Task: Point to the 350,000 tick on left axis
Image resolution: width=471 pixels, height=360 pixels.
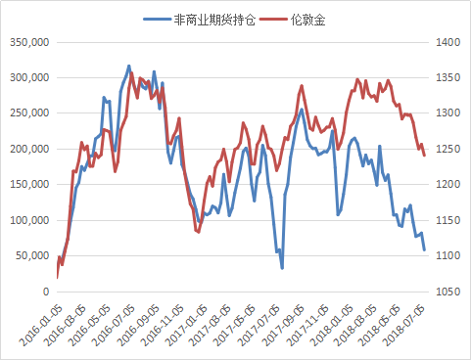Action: pyautogui.click(x=28, y=42)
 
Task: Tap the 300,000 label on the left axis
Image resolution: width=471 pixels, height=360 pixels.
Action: pyautogui.click(x=28, y=77)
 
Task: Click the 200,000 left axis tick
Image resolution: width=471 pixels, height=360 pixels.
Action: pyautogui.click(x=28, y=149)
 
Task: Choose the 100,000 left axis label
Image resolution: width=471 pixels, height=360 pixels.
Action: pyautogui.click(x=28, y=220)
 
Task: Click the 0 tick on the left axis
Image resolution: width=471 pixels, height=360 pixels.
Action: pyautogui.click(x=45, y=292)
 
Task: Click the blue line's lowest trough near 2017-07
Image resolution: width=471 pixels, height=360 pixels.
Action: pyautogui.click(x=282, y=268)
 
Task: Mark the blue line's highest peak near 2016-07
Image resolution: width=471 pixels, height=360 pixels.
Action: pyautogui.click(x=129, y=66)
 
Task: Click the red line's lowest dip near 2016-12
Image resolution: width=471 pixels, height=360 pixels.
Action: pyautogui.click(x=198, y=232)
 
